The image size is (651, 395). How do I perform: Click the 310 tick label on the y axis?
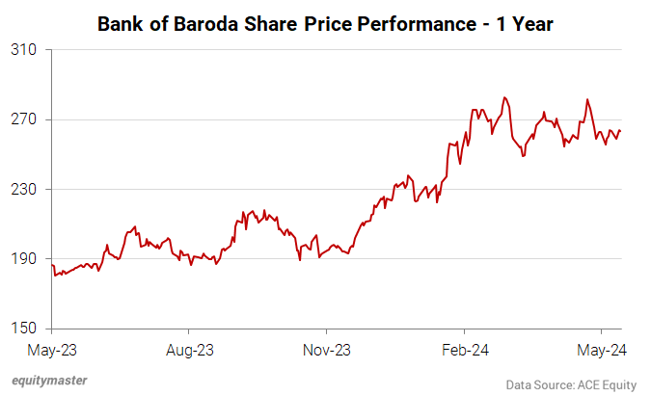pyautogui.click(x=24, y=50)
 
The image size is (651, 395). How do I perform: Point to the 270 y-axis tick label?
pyautogui.click(x=24, y=119)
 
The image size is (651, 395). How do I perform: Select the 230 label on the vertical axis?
pyautogui.click(x=24, y=189)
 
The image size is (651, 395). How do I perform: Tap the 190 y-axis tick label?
pyautogui.click(x=24, y=259)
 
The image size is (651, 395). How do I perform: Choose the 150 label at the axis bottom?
pyautogui.click(x=24, y=329)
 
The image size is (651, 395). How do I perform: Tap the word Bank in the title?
pyautogui.click(x=121, y=22)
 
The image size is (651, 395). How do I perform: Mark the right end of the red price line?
pyautogui.click(x=620, y=131)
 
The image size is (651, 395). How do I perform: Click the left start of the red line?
pyautogui.click(x=53, y=265)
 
